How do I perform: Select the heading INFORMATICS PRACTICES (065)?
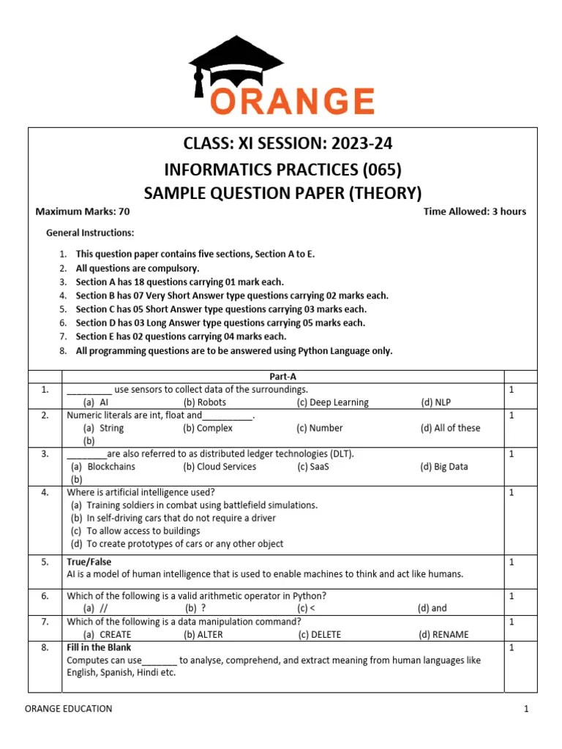pyautogui.click(x=282, y=170)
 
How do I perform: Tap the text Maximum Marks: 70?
pyautogui.click(x=83, y=212)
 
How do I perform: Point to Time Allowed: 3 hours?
pyautogui.click(x=474, y=212)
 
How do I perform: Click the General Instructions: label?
pyautogui.click(x=90, y=233)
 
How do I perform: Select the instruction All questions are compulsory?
pyautogui.click(x=137, y=268)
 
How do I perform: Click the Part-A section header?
pyautogui.click(x=282, y=377)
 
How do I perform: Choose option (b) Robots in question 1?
pyautogui.click(x=205, y=402)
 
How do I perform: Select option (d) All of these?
pyautogui.click(x=450, y=428)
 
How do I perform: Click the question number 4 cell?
pyautogui.click(x=45, y=492)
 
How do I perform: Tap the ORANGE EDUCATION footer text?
pyautogui.click(x=69, y=708)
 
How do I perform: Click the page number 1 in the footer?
pyautogui.click(x=525, y=708)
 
